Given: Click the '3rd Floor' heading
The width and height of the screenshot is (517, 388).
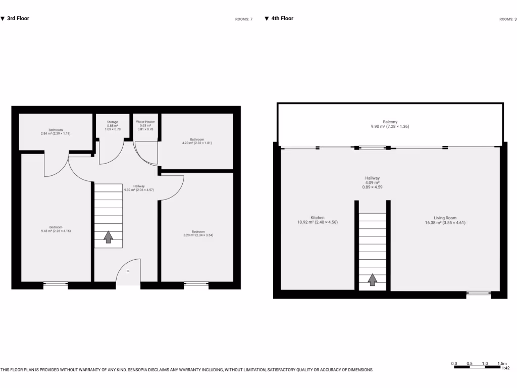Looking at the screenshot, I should [x=18, y=19].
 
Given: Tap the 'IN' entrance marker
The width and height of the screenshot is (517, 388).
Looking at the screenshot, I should [x=128, y=271].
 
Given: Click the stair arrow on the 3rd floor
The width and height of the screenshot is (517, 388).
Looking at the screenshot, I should [x=108, y=237].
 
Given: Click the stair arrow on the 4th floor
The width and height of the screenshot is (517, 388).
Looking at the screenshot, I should [x=373, y=280].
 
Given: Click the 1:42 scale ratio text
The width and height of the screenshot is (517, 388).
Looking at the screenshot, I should [x=505, y=368].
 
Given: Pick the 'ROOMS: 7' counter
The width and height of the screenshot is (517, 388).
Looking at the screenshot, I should [x=243, y=19].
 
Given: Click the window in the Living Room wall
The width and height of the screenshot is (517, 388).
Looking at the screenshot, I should [x=478, y=293].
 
